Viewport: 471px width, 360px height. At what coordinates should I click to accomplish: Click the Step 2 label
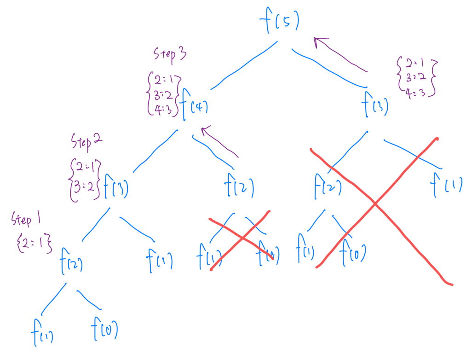tap(87, 141)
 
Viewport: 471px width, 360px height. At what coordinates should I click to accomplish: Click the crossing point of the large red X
tap(375, 203)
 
